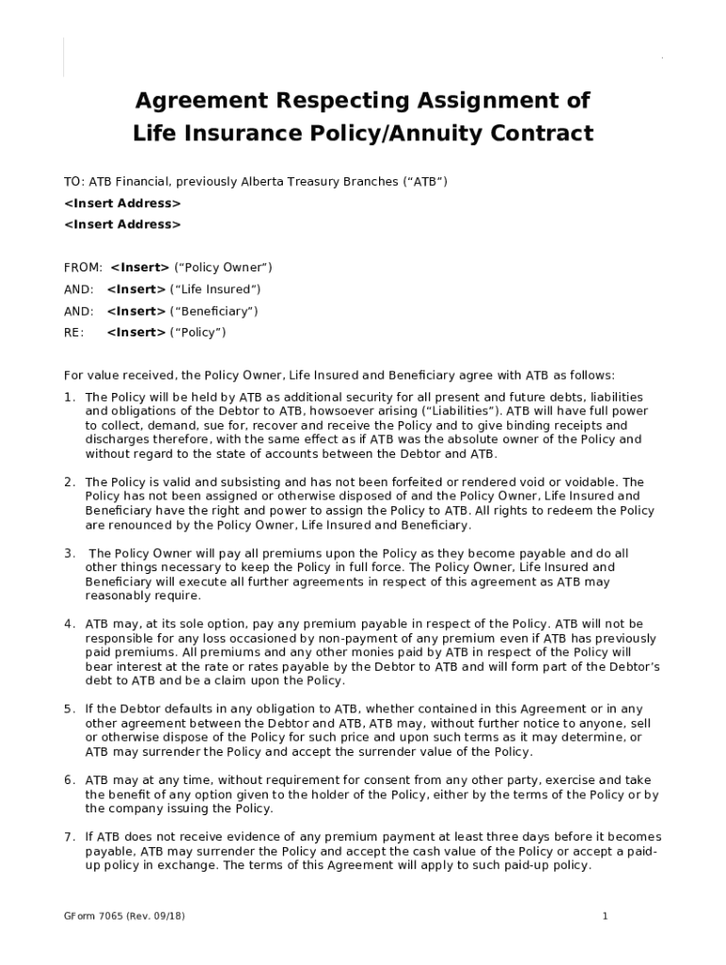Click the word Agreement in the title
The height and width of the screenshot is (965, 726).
pyautogui.click(x=194, y=101)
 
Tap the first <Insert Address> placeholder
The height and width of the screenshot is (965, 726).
pyautogui.click(x=123, y=204)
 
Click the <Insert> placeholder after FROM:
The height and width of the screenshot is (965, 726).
pyautogui.click(x=140, y=268)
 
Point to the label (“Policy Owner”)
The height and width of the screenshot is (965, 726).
pyautogui.click(x=223, y=268)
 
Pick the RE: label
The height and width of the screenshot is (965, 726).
pyautogui.click(x=74, y=332)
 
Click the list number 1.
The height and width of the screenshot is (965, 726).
pyautogui.click(x=69, y=397)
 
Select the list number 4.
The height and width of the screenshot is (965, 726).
pyautogui.click(x=69, y=624)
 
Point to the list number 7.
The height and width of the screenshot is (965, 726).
pyautogui.click(x=69, y=837)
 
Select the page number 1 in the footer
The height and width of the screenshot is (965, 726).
pyautogui.click(x=605, y=916)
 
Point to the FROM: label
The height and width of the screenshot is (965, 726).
pyautogui.click(x=83, y=268)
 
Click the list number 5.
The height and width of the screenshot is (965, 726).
pyautogui.click(x=69, y=709)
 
